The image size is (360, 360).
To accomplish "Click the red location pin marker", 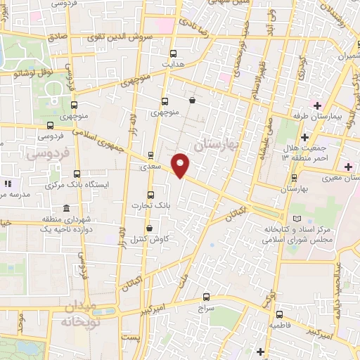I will click(x=181, y=165).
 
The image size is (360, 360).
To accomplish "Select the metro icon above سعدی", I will click(x=151, y=156).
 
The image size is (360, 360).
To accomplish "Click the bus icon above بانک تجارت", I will click(x=150, y=195).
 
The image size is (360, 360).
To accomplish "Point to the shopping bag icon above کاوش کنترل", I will click(x=149, y=228).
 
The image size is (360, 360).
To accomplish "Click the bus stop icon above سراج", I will click(x=206, y=297).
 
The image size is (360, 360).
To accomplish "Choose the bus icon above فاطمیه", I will click(x=279, y=314).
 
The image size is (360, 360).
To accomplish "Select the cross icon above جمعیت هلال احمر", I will click(x=304, y=136).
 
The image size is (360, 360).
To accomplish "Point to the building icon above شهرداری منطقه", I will click(x=66, y=209).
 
